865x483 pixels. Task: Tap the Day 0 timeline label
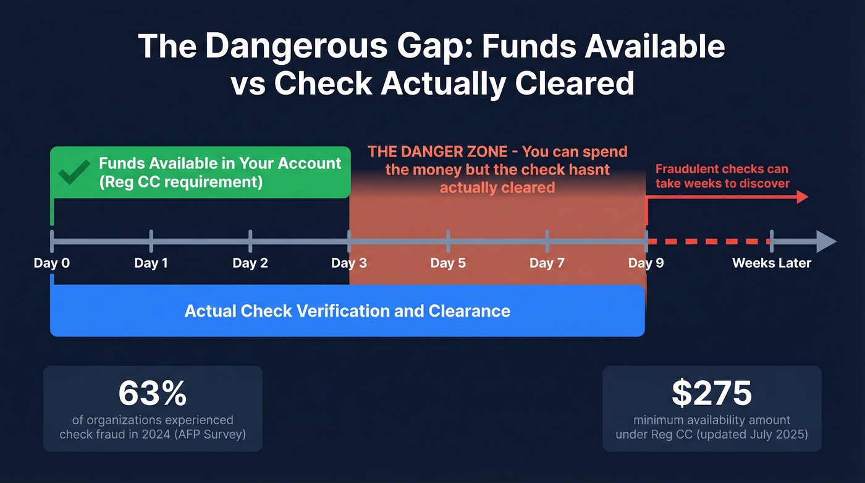pyautogui.click(x=52, y=263)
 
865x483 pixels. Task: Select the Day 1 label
pyautogui.click(x=151, y=263)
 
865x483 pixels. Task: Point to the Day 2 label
pyautogui.click(x=250, y=263)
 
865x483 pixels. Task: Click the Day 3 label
pyautogui.click(x=349, y=263)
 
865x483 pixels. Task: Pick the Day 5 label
pyautogui.click(x=448, y=263)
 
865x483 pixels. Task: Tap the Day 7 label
pyautogui.click(x=547, y=263)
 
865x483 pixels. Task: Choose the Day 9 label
pyautogui.click(x=646, y=263)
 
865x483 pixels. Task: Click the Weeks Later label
pyautogui.click(x=772, y=263)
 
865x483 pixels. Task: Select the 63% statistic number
pyautogui.click(x=153, y=393)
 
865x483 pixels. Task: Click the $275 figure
pyautogui.click(x=712, y=393)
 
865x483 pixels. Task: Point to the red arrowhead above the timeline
pyautogui.click(x=802, y=197)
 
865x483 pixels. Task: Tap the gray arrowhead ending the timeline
pyautogui.click(x=826, y=241)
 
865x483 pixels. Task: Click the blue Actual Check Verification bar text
pyautogui.click(x=347, y=310)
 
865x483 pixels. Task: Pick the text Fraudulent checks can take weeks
pyautogui.click(x=722, y=176)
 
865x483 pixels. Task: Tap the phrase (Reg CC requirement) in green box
pyautogui.click(x=180, y=182)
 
